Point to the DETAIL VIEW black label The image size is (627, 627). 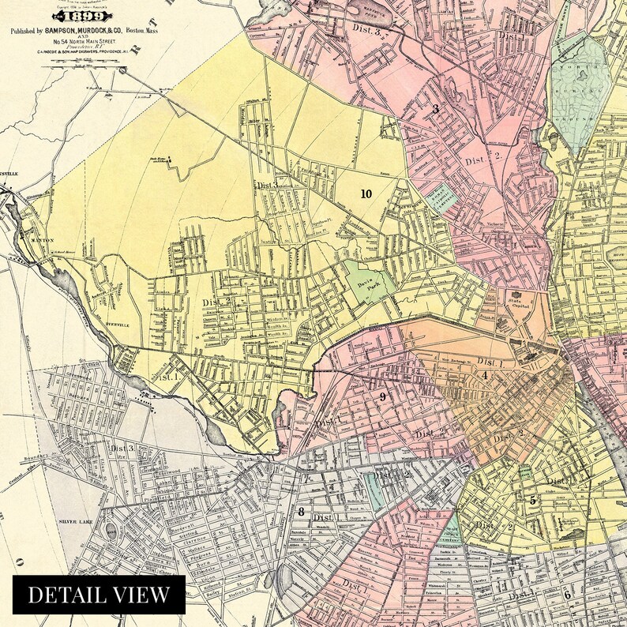pyautogui.click(x=99, y=595)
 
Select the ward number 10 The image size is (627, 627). pyautogui.click(x=366, y=193)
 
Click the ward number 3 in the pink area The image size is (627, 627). pyautogui.click(x=434, y=110)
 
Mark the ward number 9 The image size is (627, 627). pyautogui.click(x=382, y=396)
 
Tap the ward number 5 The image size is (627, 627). pyautogui.click(x=532, y=500)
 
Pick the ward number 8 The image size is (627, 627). pyautogui.click(x=301, y=511)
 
